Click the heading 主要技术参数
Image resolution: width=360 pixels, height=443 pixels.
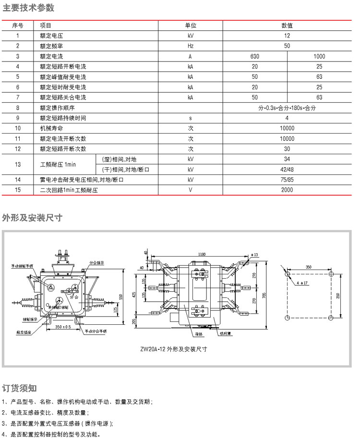coord(29,8)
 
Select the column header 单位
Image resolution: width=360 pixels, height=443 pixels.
coord(191,25)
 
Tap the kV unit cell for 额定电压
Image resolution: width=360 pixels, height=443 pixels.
coord(191,36)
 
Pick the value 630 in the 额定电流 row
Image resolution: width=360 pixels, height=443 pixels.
coord(255,56)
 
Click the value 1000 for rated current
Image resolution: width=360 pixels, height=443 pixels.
coord(319,56)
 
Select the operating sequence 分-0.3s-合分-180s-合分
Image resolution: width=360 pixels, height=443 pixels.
coord(287,108)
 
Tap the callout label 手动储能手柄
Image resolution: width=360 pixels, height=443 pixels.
coord(23,265)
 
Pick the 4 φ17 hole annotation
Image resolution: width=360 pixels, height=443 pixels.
coord(302,283)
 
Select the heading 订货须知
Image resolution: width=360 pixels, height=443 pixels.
coord(20,388)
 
